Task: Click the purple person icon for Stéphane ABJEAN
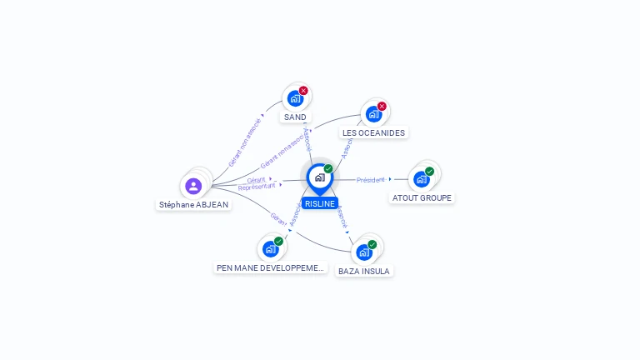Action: coord(193,186)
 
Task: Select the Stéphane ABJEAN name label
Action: coord(193,204)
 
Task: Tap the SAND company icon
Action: coord(294,98)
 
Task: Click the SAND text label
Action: coord(295,117)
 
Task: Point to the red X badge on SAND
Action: coord(303,90)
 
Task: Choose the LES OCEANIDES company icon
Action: coord(373,113)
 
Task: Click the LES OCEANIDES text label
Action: coord(373,132)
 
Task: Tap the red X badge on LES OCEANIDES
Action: coord(382,106)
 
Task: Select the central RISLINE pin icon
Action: coord(319,177)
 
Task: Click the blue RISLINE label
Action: coord(320,203)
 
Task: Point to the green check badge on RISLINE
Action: coord(328,168)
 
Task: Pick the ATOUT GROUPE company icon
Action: coord(422,178)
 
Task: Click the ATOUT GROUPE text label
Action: coord(422,198)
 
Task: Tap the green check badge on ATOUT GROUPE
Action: coord(430,171)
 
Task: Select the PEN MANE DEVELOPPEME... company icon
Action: coord(270,248)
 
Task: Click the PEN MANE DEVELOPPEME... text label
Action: coord(270,267)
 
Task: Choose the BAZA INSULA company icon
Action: coord(363,252)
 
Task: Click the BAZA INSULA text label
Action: coord(364,271)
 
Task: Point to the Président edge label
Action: coord(371,179)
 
